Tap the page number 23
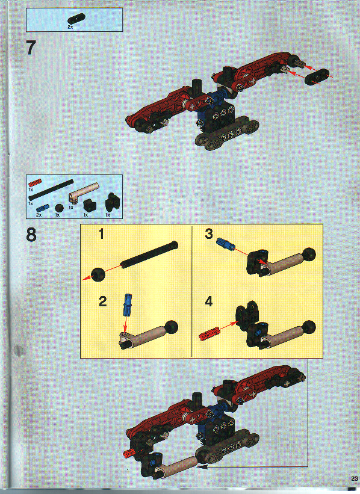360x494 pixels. tap(352, 478)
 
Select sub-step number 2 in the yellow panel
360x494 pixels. tap(102, 301)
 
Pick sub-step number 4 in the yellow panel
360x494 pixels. tap(209, 301)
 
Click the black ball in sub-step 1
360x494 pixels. tap(97, 274)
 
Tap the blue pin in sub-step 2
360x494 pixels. tap(127, 304)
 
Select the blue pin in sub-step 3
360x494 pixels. tap(225, 244)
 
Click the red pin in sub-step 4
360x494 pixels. tap(208, 334)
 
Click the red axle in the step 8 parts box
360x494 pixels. tap(34, 181)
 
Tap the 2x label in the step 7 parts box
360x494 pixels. tap(70, 28)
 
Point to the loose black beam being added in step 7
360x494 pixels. tap(317, 76)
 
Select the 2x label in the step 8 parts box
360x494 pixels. tap(39, 215)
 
